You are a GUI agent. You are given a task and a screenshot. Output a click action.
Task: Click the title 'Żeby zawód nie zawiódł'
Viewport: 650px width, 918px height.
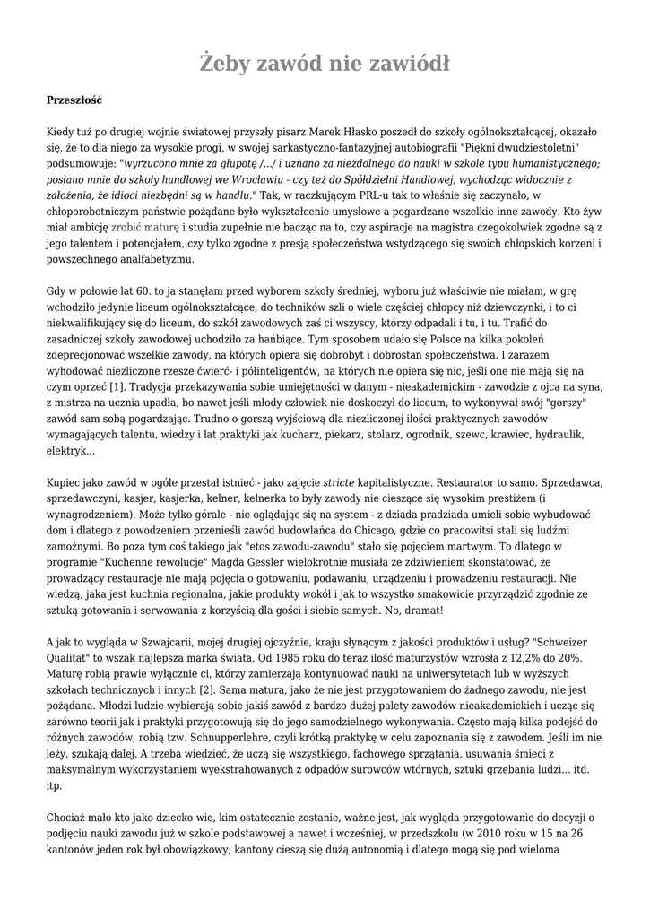pos(325,64)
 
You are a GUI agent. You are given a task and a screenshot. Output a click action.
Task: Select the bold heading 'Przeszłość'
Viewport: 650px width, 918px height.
pos(74,101)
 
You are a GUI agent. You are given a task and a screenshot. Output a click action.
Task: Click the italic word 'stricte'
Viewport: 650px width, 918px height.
pos(339,483)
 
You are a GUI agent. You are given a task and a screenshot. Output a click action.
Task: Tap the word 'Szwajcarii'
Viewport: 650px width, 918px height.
pos(161,643)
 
